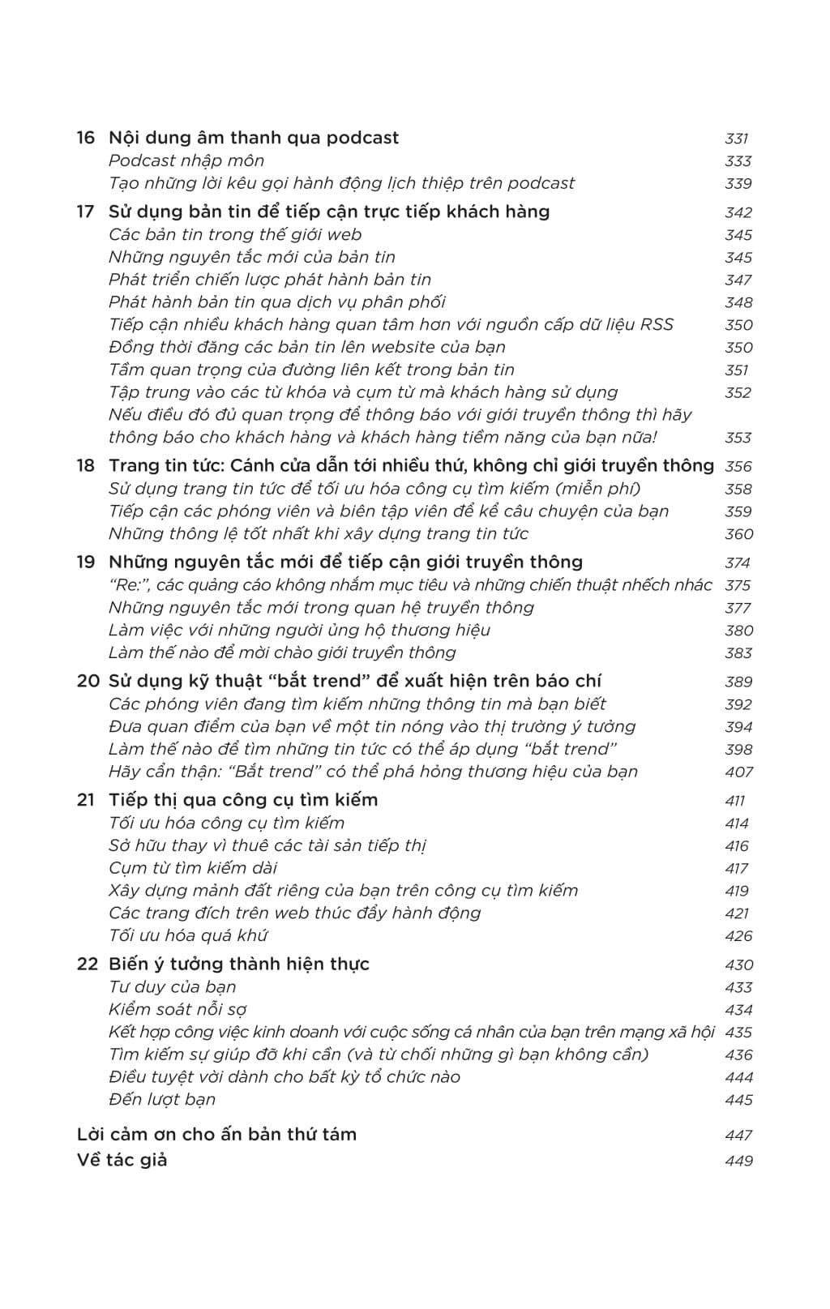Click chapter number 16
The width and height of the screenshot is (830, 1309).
click(x=86, y=138)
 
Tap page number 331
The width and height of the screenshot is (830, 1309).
click(x=737, y=139)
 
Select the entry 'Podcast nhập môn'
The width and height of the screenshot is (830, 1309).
click(x=186, y=160)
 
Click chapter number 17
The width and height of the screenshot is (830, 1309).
click(x=86, y=212)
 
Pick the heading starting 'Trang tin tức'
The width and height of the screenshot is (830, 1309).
click(x=411, y=465)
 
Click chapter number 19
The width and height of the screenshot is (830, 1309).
click(x=86, y=562)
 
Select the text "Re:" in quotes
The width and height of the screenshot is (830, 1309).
click(x=126, y=584)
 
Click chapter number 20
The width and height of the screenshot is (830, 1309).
click(x=88, y=681)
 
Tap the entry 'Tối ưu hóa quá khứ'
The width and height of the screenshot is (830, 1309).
click(x=187, y=935)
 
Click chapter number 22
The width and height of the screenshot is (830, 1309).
click(x=88, y=964)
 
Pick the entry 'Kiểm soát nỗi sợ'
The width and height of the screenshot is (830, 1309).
click(x=178, y=1009)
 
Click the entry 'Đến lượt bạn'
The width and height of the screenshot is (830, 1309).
click(x=162, y=1099)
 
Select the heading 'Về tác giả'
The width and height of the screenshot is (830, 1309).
click(x=122, y=1160)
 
